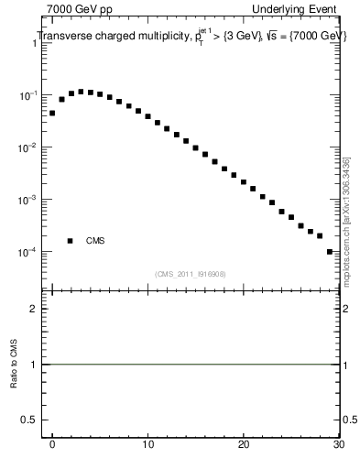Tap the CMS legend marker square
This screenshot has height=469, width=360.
point(70,241)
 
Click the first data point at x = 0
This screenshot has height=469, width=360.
point(52,114)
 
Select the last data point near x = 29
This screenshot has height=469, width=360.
point(329,251)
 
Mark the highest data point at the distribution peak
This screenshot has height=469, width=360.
point(81,92)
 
